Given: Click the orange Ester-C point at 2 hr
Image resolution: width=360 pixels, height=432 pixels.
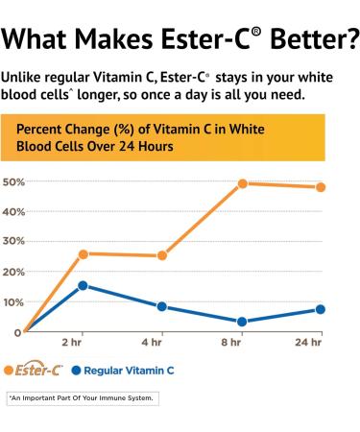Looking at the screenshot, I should click(84, 254).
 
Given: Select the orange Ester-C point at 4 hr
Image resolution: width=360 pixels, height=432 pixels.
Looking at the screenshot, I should click(162, 256).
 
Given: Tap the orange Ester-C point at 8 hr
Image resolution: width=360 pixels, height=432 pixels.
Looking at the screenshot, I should click(243, 183).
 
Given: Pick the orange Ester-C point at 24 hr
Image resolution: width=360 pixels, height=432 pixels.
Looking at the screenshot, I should click(321, 187).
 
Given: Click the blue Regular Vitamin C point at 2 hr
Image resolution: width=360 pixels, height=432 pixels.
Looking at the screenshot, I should click(84, 285).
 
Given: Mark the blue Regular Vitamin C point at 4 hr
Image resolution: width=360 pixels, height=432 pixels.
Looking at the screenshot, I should click(162, 307).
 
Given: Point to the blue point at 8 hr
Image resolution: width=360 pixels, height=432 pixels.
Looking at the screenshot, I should click(243, 322).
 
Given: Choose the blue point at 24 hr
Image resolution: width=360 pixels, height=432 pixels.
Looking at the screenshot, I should click(321, 309).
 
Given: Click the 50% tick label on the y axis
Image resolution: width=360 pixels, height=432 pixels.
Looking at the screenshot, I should click(13, 182).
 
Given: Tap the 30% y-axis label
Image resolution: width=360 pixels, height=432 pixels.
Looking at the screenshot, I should click(13, 242).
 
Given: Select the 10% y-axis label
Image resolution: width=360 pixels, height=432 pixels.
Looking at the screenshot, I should click(13, 302).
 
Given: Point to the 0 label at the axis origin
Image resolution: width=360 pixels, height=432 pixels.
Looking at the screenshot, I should click(17, 332).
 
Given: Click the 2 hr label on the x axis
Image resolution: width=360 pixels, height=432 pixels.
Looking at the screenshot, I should click(71, 343).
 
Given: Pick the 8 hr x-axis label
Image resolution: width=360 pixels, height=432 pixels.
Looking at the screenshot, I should click(231, 343).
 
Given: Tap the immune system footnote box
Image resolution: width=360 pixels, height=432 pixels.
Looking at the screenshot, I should click(81, 397).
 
